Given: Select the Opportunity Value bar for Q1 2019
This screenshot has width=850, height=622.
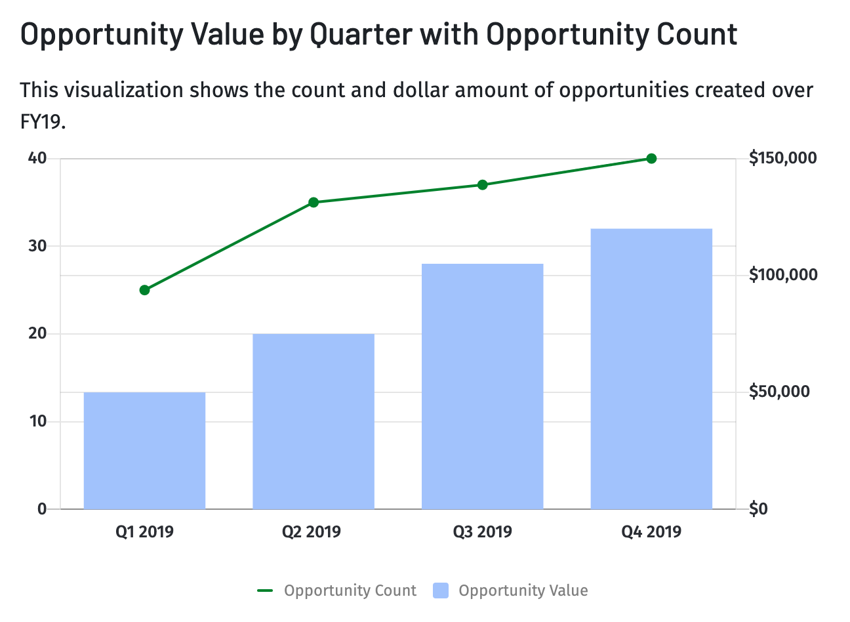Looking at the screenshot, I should click(144, 451).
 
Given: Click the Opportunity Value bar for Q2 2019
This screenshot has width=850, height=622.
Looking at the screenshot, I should click(314, 421).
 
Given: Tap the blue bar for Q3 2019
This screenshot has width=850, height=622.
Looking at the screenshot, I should click(482, 386).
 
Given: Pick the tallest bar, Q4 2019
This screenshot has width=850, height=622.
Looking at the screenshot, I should click(651, 369).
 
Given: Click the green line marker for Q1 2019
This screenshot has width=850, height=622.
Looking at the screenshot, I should click(145, 290).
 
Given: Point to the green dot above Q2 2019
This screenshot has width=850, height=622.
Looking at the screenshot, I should click(314, 202).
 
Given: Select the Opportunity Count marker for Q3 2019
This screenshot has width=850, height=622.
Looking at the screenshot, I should click(483, 185).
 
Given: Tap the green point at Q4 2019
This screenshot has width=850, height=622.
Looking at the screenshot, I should click(651, 159).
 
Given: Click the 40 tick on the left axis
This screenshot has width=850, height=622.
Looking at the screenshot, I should click(37, 158).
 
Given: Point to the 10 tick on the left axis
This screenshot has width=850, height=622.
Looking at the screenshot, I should click(37, 421).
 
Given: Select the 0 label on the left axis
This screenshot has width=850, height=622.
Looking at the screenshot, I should click(42, 508).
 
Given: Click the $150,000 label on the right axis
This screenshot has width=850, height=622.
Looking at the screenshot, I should click(783, 158).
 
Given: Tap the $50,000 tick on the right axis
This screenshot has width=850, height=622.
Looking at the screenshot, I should click(779, 392).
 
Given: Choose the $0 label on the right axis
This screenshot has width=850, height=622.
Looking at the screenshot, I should click(758, 508).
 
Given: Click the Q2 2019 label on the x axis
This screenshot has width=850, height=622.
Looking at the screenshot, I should click(312, 531).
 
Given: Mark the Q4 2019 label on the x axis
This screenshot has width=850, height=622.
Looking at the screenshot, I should click(651, 531).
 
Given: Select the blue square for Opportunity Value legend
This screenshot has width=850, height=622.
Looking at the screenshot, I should click(441, 591).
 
